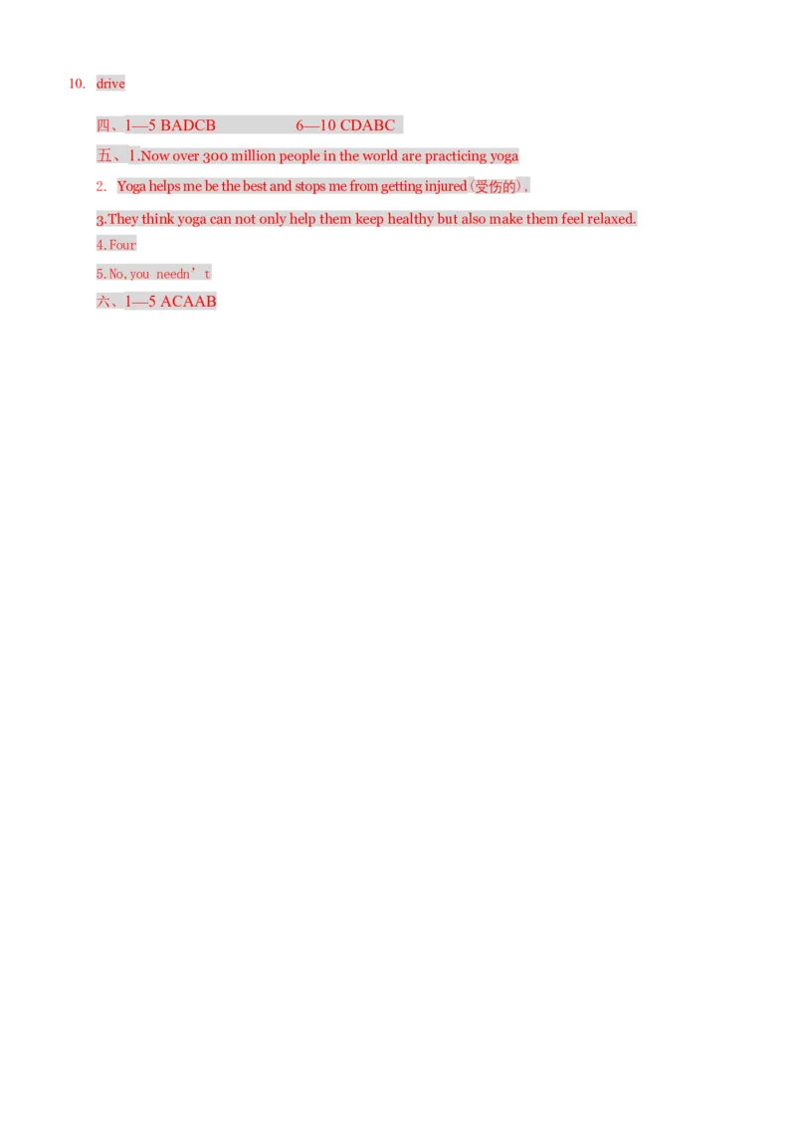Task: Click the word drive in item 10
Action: [110, 84]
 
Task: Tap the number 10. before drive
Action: [77, 84]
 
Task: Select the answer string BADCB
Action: [188, 125]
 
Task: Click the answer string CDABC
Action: [367, 125]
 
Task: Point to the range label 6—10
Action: [315, 125]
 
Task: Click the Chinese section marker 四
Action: [103, 125]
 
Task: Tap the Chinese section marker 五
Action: [104, 155]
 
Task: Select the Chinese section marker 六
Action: [103, 301]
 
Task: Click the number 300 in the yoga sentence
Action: [215, 156]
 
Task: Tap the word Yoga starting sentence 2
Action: [131, 186]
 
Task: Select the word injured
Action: [446, 186]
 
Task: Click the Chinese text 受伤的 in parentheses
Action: [496, 187]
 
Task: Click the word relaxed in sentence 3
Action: [611, 218]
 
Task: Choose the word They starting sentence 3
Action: [122, 218]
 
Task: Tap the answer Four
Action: [122, 245]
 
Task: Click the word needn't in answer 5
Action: [183, 274]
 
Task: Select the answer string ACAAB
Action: [188, 301]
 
